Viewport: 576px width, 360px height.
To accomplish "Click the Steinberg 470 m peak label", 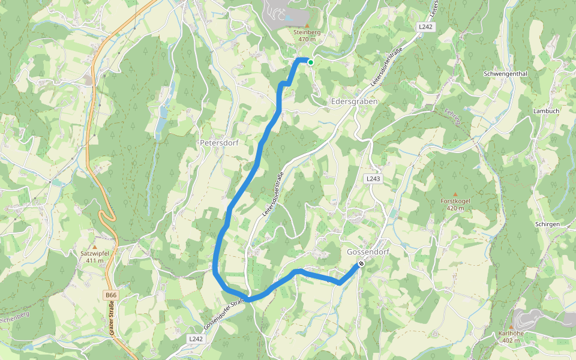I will [307, 35].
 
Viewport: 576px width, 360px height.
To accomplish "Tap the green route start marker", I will [310, 62].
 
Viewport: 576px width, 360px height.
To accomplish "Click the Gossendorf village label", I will [368, 252].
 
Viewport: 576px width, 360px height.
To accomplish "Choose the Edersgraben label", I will [354, 102].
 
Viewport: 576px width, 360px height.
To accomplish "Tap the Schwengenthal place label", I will [505, 74].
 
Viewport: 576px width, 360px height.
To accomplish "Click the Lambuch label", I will [546, 112].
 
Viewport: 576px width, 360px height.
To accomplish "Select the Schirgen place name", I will [547, 224].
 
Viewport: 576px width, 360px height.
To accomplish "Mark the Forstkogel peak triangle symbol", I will [455, 194].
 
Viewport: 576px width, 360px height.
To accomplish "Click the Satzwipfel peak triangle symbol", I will [94, 247].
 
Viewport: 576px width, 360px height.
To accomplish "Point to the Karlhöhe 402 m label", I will [511, 337].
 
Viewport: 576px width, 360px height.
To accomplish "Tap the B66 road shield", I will [110, 295].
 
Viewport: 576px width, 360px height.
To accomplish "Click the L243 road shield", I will [373, 179].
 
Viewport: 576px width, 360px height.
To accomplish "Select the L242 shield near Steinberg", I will [425, 28].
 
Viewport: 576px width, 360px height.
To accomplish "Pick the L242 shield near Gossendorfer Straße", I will [196, 339].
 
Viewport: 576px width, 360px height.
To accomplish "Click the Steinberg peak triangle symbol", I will [307, 25].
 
